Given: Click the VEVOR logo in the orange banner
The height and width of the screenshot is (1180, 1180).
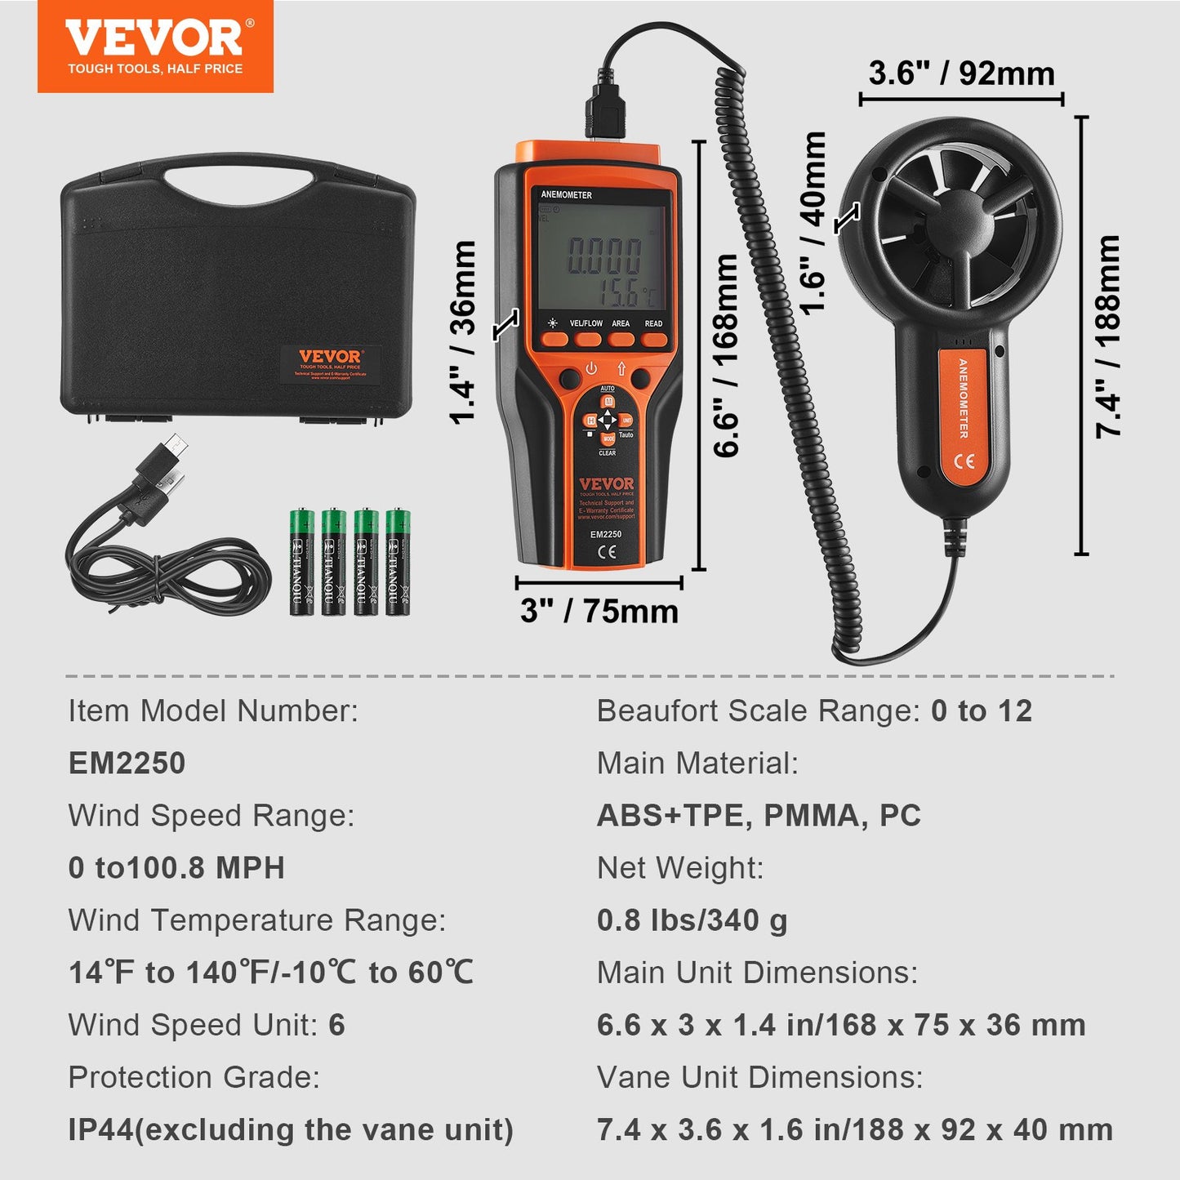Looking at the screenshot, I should (155, 39).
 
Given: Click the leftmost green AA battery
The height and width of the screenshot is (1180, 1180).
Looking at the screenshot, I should (302, 562).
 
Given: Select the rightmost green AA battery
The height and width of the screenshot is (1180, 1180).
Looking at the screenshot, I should (398, 562).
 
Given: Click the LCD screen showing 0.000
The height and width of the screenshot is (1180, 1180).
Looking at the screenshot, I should (603, 255).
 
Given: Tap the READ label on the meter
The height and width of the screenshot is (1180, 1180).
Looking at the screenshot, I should (653, 323).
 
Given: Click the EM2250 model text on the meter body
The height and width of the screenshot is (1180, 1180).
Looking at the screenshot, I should (606, 534).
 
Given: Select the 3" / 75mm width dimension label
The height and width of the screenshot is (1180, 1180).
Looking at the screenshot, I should (599, 611).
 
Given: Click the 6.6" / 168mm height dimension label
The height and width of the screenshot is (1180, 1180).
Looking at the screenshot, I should (725, 355).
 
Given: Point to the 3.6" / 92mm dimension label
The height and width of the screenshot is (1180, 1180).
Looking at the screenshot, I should (961, 73).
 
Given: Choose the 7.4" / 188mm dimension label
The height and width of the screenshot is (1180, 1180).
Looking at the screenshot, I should (1108, 336).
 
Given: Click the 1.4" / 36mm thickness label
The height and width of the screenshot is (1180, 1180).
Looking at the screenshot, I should (463, 332).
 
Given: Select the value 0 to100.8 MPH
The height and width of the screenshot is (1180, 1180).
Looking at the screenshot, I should (176, 867).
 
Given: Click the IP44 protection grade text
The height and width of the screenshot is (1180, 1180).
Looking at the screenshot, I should (291, 1129).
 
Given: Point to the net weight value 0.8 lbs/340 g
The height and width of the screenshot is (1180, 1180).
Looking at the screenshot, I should (692, 920).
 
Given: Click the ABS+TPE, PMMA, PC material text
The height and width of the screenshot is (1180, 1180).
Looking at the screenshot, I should (759, 815).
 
